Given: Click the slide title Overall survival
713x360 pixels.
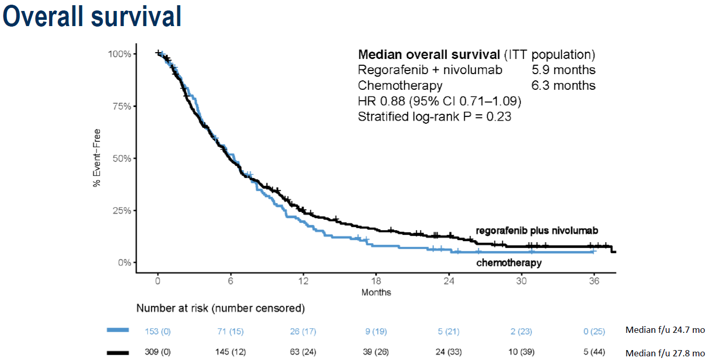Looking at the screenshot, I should [x=92, y=17].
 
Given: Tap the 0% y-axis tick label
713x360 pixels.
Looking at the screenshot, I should [x=124, y=262].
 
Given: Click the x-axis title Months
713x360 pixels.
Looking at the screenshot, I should [x=376, y=292].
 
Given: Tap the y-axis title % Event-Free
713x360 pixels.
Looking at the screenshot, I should [x=96, y=158].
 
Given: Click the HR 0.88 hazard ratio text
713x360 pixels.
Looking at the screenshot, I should [x=439, y=101].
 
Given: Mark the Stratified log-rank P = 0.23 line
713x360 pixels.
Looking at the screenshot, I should [x=434, y=117].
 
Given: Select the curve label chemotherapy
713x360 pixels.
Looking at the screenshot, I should [x=509, y=263].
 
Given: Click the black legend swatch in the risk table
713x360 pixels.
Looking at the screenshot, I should [x=117, y=353].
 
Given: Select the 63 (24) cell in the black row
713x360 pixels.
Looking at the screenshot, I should [x=303, y=353].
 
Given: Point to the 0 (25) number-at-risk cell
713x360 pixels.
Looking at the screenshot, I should [x=594, y=331].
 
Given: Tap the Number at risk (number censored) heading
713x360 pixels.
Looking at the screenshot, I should [x=220, y=308].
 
